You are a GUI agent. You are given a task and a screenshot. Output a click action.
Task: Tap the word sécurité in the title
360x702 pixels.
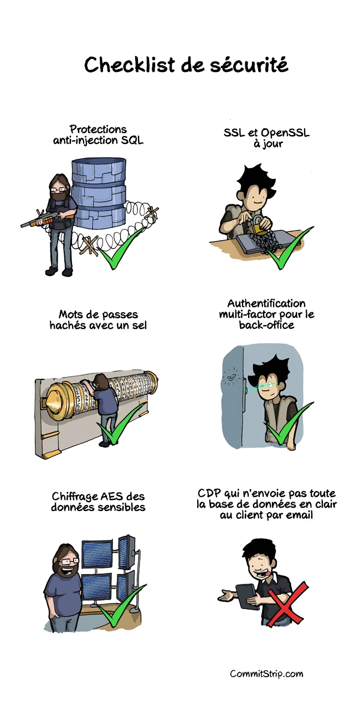click(x=249, y=64)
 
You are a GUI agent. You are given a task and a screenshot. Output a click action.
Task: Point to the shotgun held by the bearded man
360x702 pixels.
click(x=48, y=218)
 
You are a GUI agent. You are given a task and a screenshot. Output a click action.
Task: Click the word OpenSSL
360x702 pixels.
click(x=285, y=133)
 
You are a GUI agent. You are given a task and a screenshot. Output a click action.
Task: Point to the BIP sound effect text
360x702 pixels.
click(x=232, y=378)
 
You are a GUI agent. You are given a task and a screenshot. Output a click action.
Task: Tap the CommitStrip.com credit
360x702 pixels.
click(x=266, y=673)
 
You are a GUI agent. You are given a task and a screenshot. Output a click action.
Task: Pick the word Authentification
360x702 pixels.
click(x=266, y=303)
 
